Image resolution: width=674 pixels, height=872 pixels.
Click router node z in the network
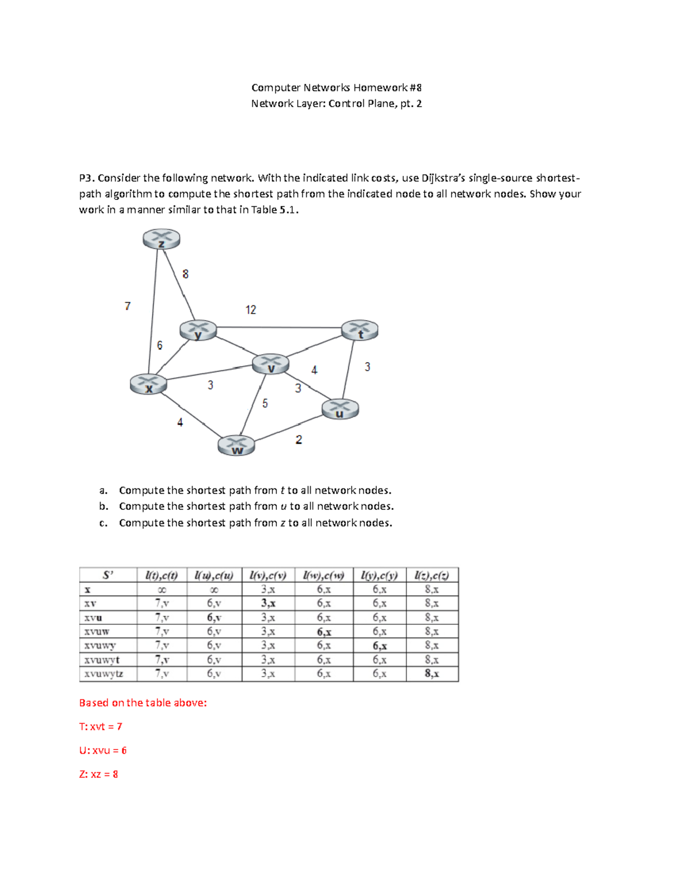tap(162, 239)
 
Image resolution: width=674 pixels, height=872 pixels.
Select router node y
tap(198, 330)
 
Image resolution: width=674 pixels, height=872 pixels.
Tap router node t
tap(359, 330)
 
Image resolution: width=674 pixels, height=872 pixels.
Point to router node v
tap(271, 364)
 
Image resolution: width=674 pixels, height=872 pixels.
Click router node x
tap(148, 385)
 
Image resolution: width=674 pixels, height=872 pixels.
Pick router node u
tap(340, 409)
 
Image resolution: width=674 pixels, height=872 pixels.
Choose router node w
tap(236, 446)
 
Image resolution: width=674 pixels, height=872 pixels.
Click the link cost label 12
tap(251, 310)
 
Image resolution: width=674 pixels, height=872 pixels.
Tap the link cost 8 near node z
tap(185, 274)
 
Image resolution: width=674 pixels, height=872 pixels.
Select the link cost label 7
tap(127, 306)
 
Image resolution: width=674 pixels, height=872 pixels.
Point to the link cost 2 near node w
tap(299, 440)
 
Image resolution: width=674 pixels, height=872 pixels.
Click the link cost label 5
tap(265, 404)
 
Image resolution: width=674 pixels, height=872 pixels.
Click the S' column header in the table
tap(108, 575)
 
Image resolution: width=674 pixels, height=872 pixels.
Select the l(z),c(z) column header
tap(432, 575)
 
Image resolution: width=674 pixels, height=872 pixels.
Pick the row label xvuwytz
tap(104, 674)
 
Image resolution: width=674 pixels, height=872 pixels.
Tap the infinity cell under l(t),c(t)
tap(162, 590)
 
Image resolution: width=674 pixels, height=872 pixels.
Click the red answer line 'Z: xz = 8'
tap(99, 774)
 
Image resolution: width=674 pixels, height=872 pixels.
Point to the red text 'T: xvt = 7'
tap(101, 727)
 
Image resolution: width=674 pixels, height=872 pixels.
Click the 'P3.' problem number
tap(86, 178)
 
